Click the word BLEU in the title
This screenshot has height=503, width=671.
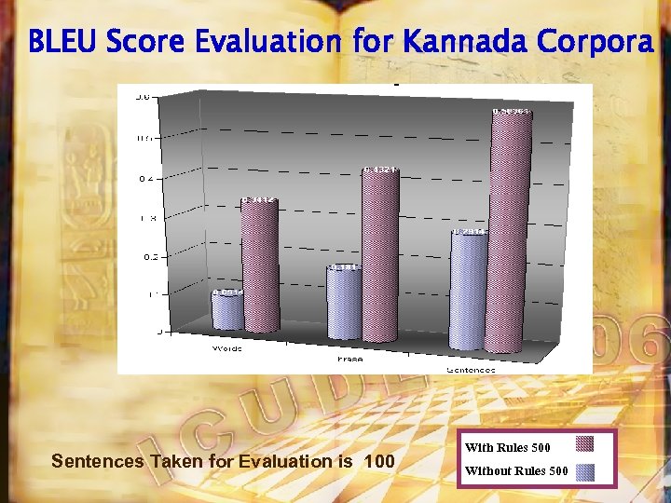click(62, 42)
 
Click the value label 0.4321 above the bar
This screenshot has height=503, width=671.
click(380, 170)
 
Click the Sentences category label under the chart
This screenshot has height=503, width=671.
click(471, 369)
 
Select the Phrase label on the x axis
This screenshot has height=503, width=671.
click(349, 359)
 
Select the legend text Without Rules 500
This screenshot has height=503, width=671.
click(515, 470)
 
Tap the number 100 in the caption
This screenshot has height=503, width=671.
click(379, 461)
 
